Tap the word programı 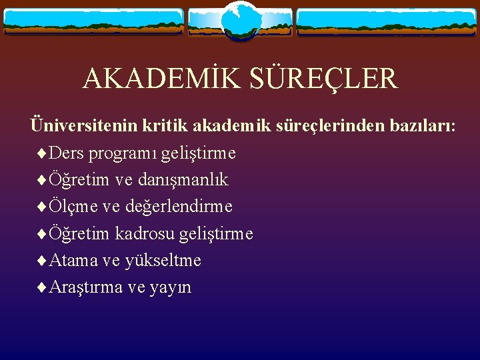tap(120, 154)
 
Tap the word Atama tap(73, 260)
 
